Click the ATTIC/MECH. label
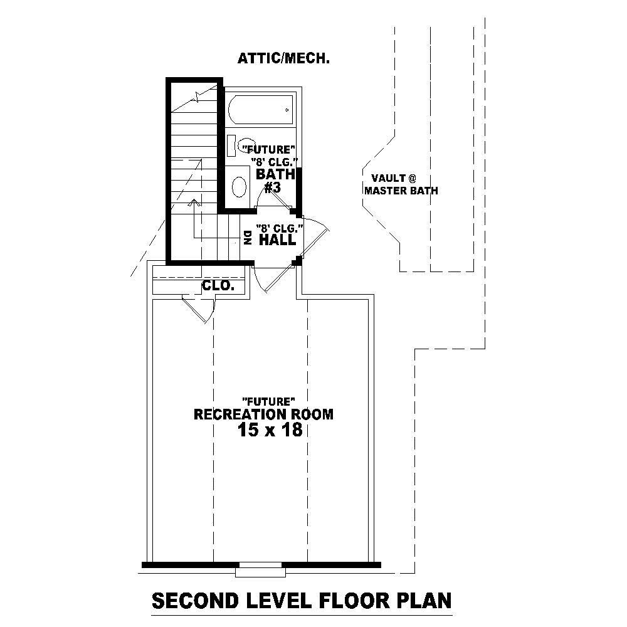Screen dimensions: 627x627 click(283, 59)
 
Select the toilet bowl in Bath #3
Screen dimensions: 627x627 click(248, 145)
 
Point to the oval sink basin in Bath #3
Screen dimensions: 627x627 click(240, 187)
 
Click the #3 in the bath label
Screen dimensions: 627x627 click(271, 187)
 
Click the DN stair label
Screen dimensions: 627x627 click(247, 237)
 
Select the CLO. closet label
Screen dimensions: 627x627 click(218, 287)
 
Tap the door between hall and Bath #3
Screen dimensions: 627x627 click(276, 201)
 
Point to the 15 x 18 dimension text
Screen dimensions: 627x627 click(270, 430)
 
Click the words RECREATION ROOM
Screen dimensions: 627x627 click(263, 414)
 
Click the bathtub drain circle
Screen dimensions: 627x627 click(287, 110)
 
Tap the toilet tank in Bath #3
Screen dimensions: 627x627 click(231, 145)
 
